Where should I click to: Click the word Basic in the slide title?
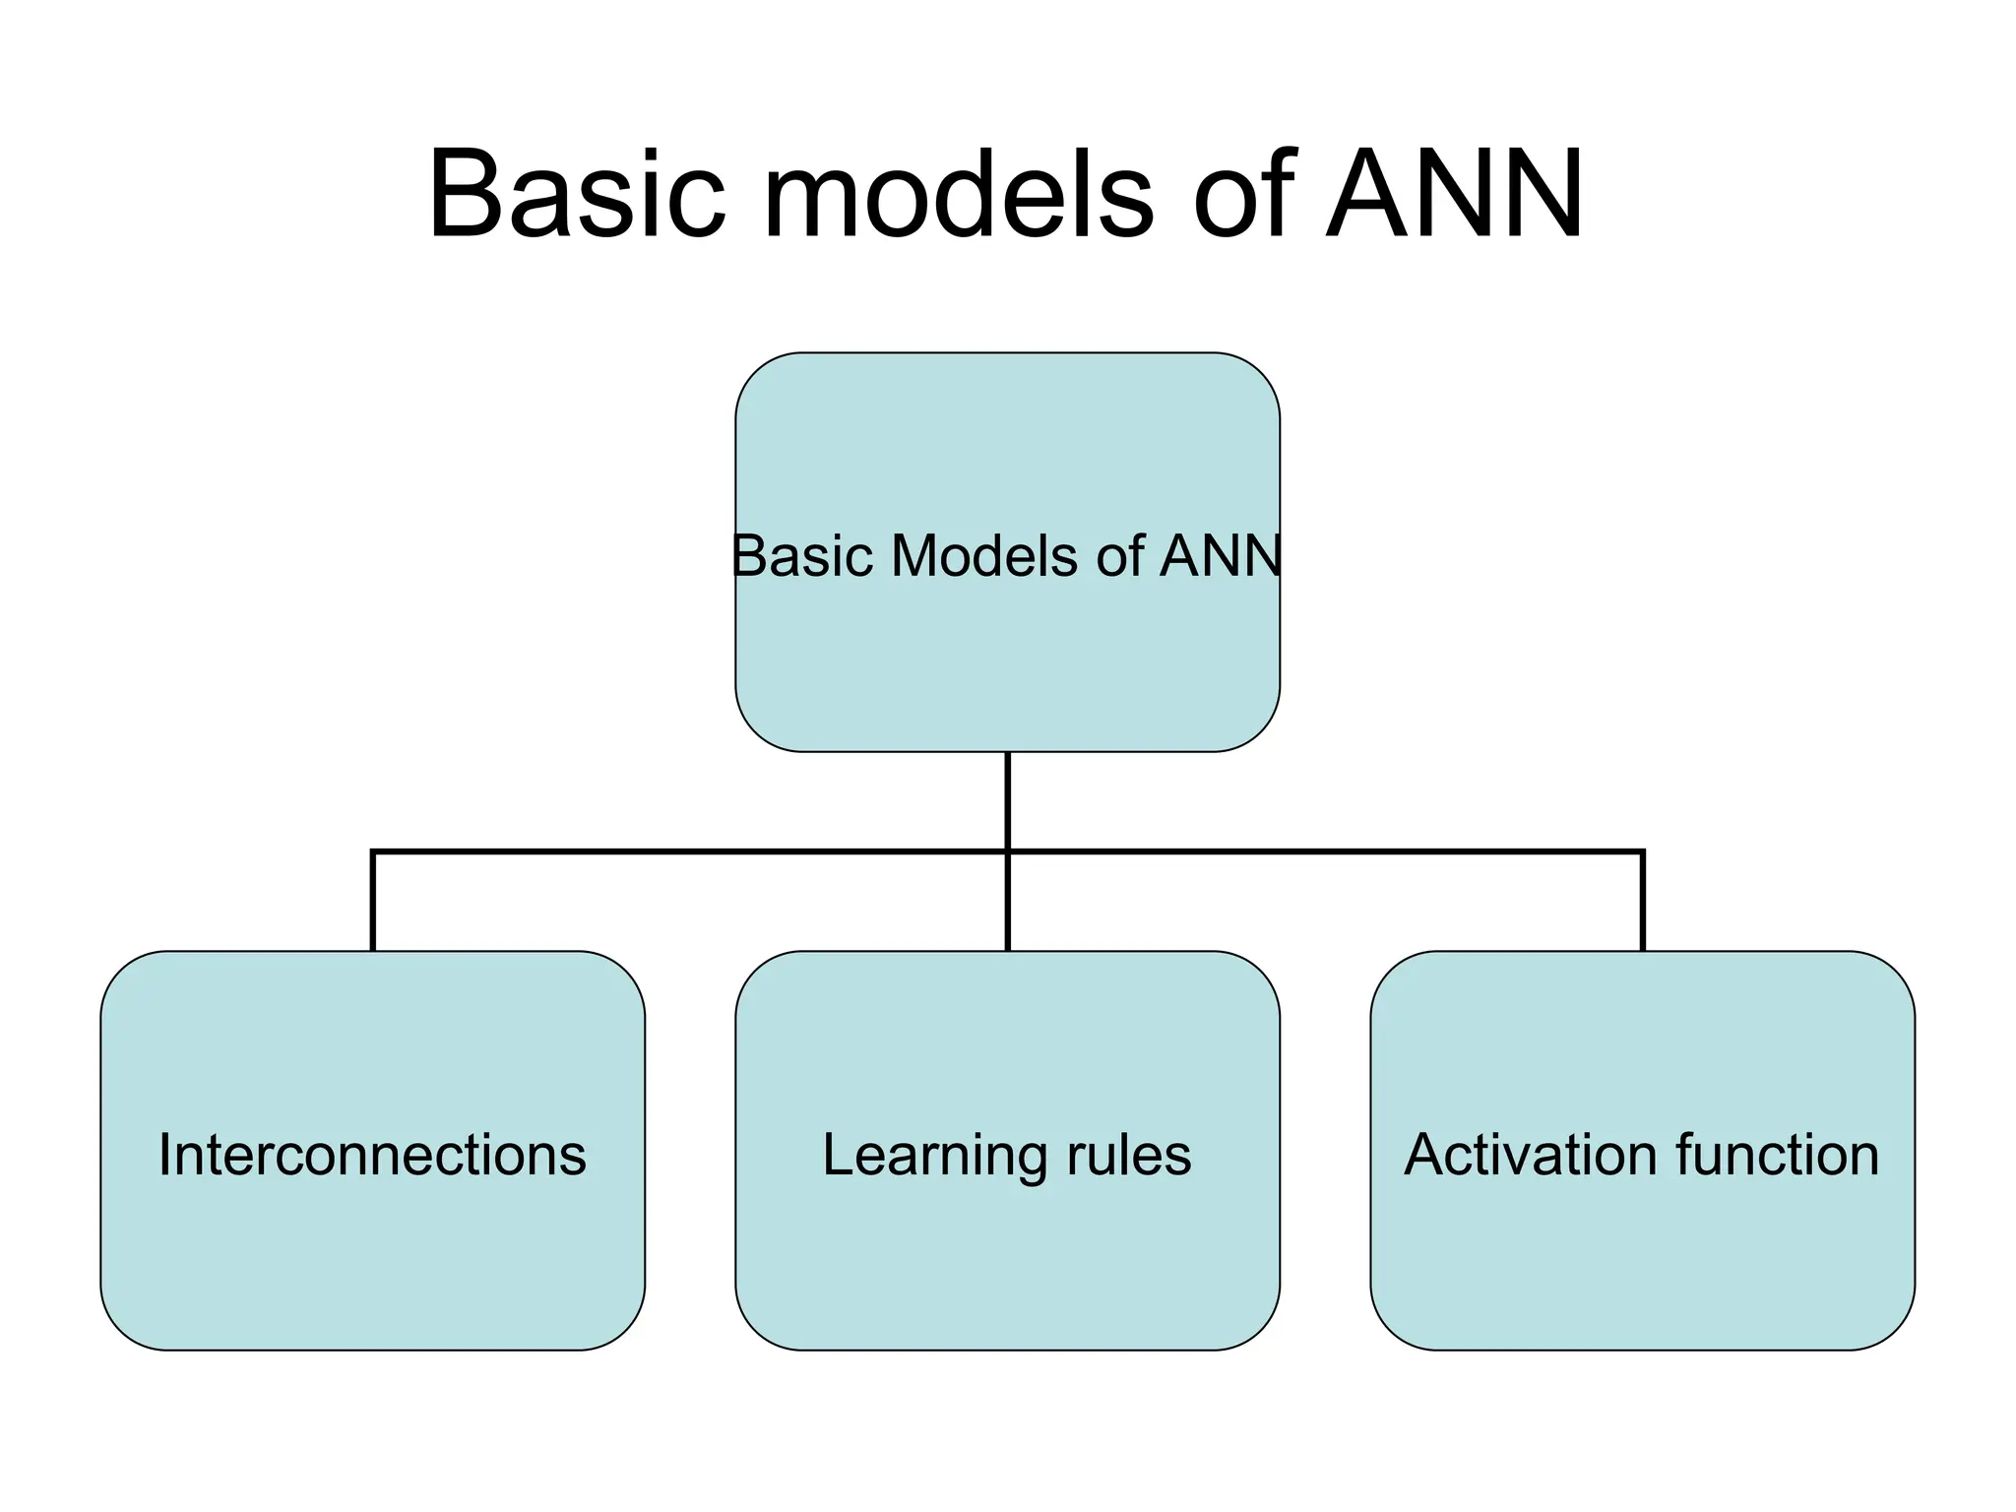point(576,194)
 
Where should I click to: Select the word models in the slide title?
point(957,194)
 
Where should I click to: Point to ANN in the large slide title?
point(1454,194)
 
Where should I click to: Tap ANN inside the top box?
point(1221,556)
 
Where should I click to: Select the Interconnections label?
point(372,1155)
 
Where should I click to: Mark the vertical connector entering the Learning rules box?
point(1008,906)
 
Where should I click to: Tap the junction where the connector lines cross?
point(1008,851)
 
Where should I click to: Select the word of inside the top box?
point(1120,556)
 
